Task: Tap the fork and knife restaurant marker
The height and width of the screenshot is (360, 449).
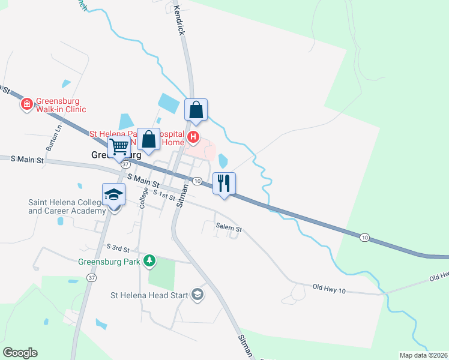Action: coord(224,183)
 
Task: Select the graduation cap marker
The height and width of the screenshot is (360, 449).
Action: coord(113,194)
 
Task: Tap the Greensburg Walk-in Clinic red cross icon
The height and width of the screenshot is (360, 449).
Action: coord(26,105)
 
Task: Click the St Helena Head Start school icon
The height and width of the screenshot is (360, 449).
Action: coord(197,295)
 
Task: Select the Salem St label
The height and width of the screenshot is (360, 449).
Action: coord(229,229)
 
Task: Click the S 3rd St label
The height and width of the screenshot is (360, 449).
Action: coord(118,247)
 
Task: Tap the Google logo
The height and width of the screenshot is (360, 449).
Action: coord(20,353)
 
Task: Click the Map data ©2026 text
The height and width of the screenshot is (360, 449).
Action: coord(423,355)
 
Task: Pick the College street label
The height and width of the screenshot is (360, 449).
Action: coord(144,197)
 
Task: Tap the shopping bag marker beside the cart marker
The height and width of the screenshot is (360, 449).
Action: coord(148,139)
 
